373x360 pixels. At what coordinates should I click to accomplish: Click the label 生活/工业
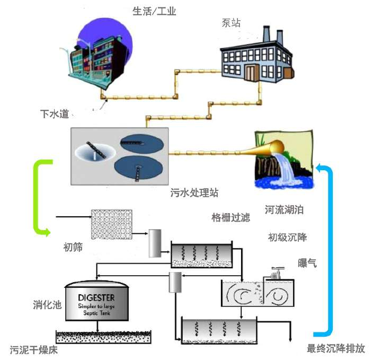(x=154, y=11)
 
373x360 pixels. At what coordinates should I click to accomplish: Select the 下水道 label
(x=55, y=113)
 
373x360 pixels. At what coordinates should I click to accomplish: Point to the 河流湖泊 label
(x=285, y=210)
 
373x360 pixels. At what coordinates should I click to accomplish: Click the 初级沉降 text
(x=287, y=236)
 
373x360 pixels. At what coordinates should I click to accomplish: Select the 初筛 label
(x=73, y=247)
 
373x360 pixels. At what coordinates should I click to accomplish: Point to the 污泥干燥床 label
(x=33, y=349)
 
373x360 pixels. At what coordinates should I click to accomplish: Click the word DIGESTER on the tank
(x=96, y=297)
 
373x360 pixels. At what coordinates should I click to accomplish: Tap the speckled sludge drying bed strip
(x=103, y=336)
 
